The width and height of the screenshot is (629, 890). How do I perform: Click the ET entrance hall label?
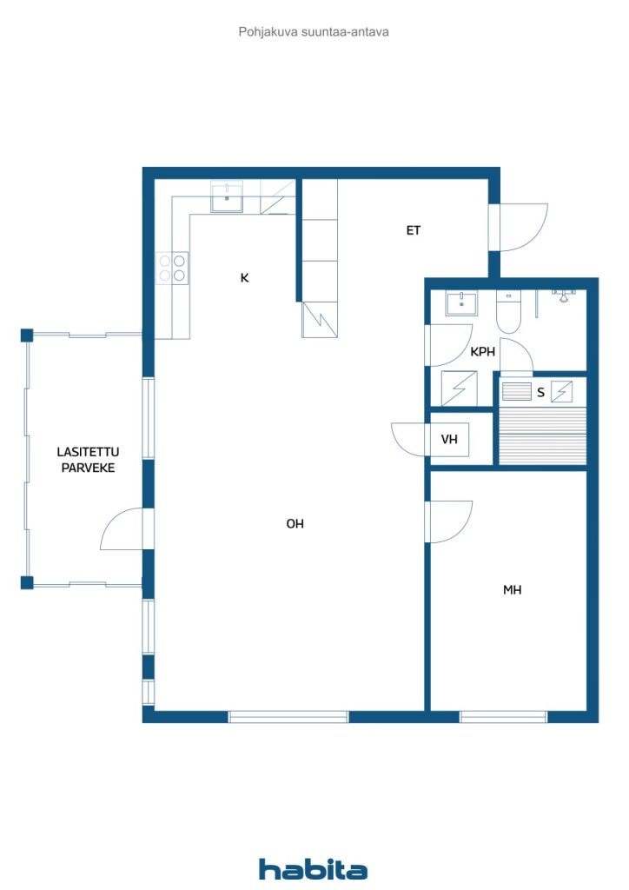pyautogui.click(x=413, y=230)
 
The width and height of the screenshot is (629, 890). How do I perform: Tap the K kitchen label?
pyautogui.click(x=244, y=277)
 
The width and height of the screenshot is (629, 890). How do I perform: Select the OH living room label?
pyautogui.click(x=295, y=524)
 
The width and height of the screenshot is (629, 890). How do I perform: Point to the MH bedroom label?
pyautogui.click(x=513, y=590)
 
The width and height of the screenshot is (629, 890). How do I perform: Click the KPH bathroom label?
pyautogui.click(x=483, y=352)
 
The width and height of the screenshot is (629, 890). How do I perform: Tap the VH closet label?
pyautogui.click(x=449, y=439)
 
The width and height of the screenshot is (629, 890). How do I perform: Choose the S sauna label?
pyautogui.click(x=540, y=392)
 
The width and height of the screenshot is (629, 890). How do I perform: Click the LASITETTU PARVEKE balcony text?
pyautogui.click(x=88, y=460)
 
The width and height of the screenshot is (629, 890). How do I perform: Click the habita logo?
pyautogui.click(x=313, y=869)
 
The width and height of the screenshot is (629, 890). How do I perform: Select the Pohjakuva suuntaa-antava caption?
pyautogui.click(x=314, y=32)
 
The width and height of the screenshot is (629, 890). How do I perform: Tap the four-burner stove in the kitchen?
pyautogui.click(x=172, y=268)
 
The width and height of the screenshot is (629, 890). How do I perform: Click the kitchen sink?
pyautogui.click(x=227, y=196)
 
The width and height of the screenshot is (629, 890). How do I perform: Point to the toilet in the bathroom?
pyautogui.click(x=508, y=311)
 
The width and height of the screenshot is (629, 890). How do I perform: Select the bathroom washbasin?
pyautogui.click(x=461, y=302)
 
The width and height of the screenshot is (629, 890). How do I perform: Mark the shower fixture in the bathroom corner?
pyautogui.click(x=563, y=296)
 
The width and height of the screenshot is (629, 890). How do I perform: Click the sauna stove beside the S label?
pyautogui.click(x=561, y=392)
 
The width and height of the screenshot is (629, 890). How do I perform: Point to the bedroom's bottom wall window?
pyautogui.click(x=503, y=717)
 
